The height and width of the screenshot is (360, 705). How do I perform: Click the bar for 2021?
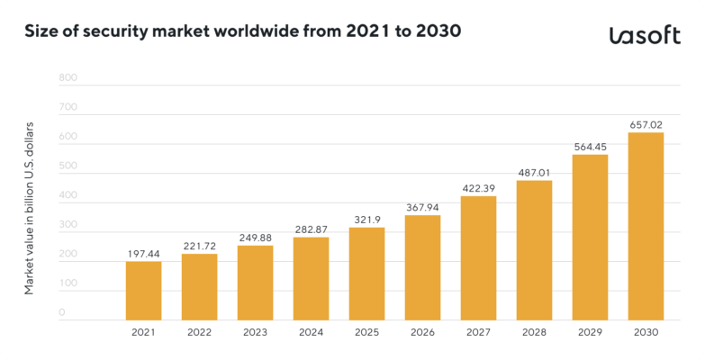coord(143,290)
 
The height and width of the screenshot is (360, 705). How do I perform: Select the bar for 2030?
coord(646,225)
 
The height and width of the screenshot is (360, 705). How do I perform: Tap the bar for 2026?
coord(422,266)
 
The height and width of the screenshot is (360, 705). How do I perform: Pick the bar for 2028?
coord(534,249)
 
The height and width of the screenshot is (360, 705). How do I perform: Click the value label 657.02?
coord(646,124)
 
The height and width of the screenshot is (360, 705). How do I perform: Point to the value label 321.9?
coord(366,219)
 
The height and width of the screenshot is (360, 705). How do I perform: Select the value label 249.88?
coord(255,237)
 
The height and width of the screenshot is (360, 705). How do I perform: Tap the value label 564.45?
coord(590,146)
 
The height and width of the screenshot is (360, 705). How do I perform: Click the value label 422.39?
coord(478,187)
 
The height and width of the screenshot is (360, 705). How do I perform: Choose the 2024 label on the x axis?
coord(311,332)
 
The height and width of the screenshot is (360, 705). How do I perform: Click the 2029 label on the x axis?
coord(590,332)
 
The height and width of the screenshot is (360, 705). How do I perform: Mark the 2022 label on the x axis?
coord(199,332)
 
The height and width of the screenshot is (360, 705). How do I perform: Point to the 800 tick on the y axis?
coord(68,78)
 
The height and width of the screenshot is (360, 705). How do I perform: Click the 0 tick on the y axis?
coord(62,313)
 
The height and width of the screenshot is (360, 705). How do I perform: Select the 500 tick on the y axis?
coord(68,166)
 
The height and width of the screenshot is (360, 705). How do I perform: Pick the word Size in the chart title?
coord(41,33)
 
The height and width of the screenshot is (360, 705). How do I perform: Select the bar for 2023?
coord(255,282)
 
